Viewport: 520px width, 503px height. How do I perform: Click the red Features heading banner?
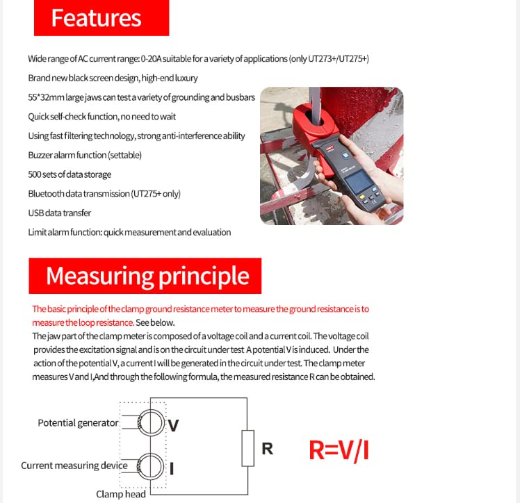[x=101, y=18]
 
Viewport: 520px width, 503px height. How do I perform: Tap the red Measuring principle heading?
[x=145, y=276]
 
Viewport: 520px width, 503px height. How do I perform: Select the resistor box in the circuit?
[x=247, y=448]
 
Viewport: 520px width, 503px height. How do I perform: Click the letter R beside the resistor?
[x=267, y=449]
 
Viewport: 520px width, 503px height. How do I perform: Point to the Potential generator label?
[x=78, y=422]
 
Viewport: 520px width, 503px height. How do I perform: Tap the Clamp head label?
[x=120, y=494]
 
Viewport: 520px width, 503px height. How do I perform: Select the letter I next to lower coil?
[x=172, y=468]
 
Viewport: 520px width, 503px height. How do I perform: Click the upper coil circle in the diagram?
[x=149, y=422]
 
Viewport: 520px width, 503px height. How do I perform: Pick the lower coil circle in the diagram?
[x=149, y=465]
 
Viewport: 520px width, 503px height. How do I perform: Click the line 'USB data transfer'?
[x=60, y=213]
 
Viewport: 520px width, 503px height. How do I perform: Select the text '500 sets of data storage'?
[x=70, y=174]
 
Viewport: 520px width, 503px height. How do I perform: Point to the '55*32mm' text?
[x=44, y=97]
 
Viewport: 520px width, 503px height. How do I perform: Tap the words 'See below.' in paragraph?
[x=156, y=322]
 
